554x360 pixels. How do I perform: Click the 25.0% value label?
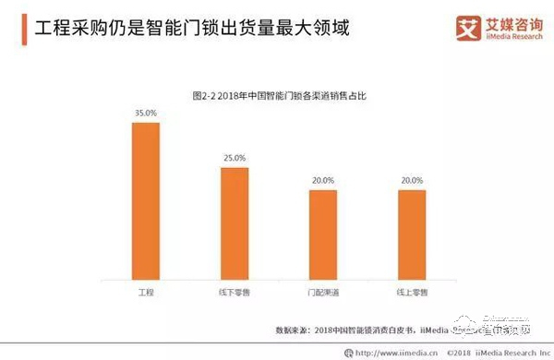(235, 159)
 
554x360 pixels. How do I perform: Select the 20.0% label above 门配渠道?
(323, 181)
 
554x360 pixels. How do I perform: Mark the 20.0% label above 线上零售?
(412, 181)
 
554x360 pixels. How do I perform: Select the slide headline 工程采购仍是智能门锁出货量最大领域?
(185, 28)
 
